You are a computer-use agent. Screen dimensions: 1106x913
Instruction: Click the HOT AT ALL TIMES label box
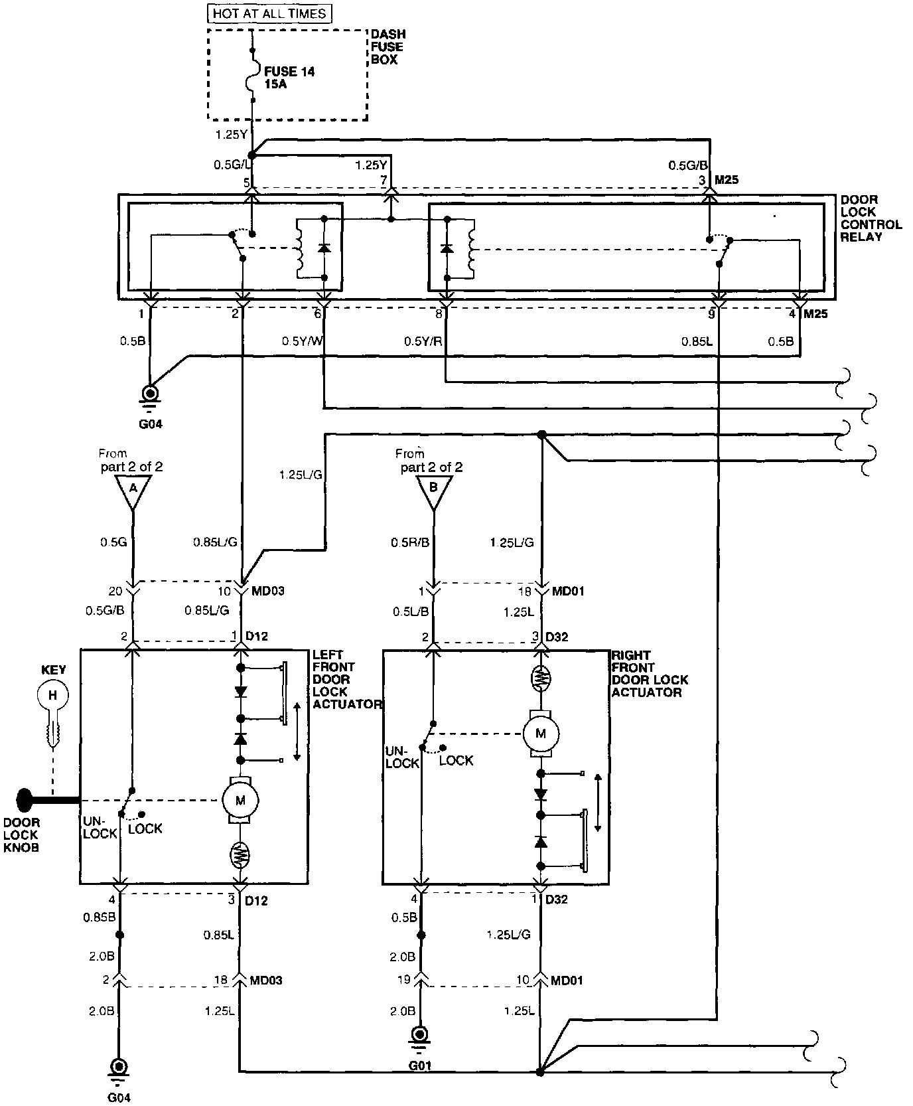[269, 13]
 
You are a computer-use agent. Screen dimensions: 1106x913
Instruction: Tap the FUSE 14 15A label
[289, 78]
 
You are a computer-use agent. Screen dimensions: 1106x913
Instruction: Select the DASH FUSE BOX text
[387, 46]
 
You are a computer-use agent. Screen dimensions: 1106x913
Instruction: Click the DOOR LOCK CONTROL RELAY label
[871, 218]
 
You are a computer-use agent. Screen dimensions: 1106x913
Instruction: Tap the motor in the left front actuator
[240, 801]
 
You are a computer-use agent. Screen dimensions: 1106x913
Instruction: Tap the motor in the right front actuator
[541, 734]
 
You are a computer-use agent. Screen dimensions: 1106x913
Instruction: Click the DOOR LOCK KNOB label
[21, 835]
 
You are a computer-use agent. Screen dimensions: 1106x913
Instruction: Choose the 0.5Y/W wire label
[301, 341]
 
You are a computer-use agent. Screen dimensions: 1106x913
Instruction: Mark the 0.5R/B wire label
[409, 542]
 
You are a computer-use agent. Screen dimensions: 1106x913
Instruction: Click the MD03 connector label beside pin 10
[267, 591]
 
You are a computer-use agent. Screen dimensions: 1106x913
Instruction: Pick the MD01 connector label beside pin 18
[568, 591]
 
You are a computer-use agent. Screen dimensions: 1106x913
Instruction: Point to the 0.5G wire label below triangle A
[113, 542]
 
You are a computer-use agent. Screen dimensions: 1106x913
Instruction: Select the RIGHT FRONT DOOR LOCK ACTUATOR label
[649, 673]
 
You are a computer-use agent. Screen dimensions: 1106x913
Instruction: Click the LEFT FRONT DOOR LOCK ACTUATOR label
[346, 679]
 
